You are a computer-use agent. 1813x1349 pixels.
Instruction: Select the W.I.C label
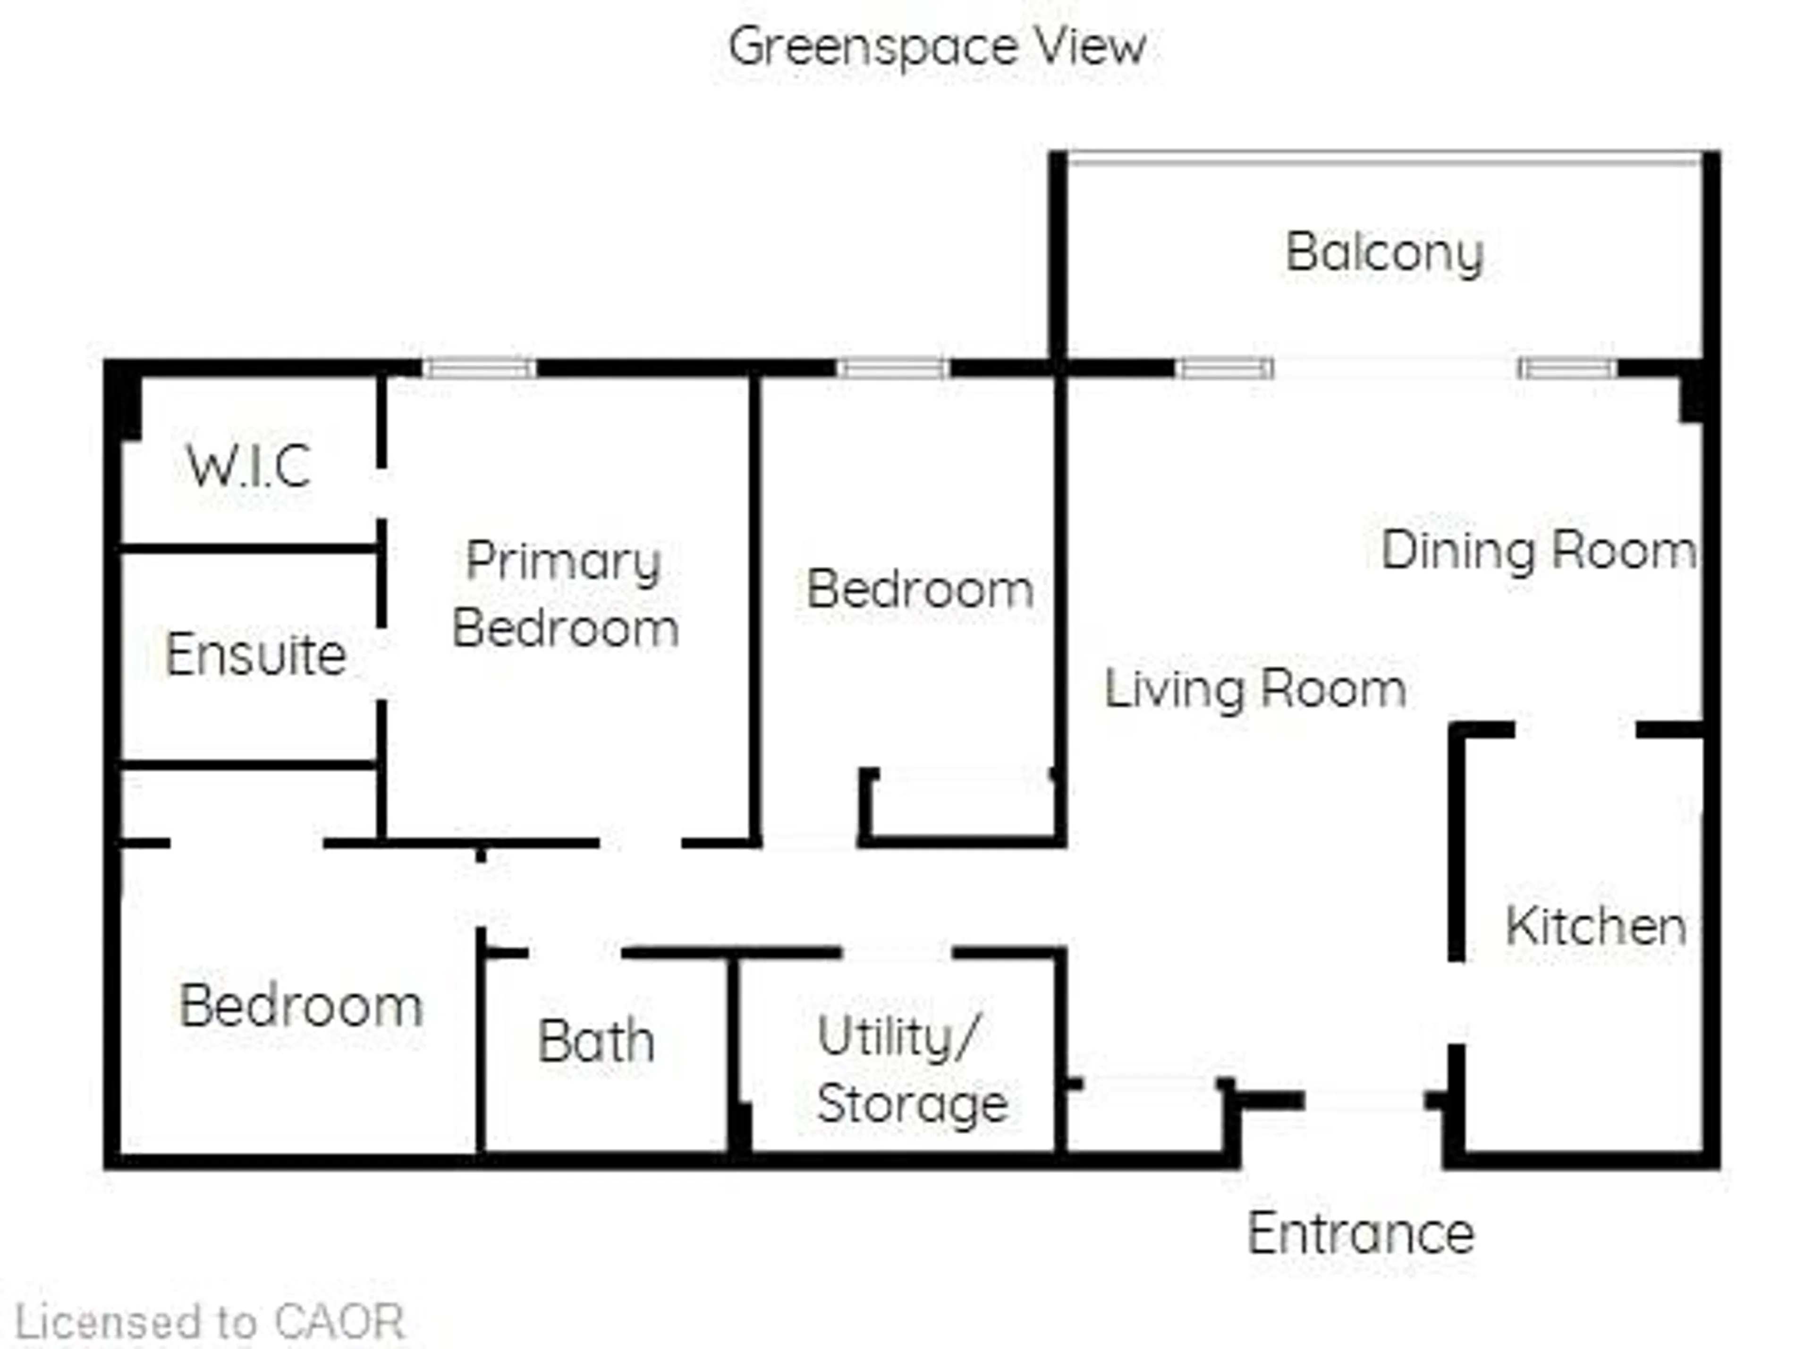click(x=249, y=466)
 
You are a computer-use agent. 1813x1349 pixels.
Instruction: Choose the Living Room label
click(x=1254, y=688)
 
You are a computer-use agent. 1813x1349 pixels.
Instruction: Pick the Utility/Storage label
click(x=912, y=1070)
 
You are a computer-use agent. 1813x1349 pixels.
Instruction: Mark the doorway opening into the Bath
click(x=575, y=952)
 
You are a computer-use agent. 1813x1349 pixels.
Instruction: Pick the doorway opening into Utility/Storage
click(x=896, y=952)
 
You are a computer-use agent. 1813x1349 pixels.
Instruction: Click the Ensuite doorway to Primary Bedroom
click(x=381, y=663)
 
